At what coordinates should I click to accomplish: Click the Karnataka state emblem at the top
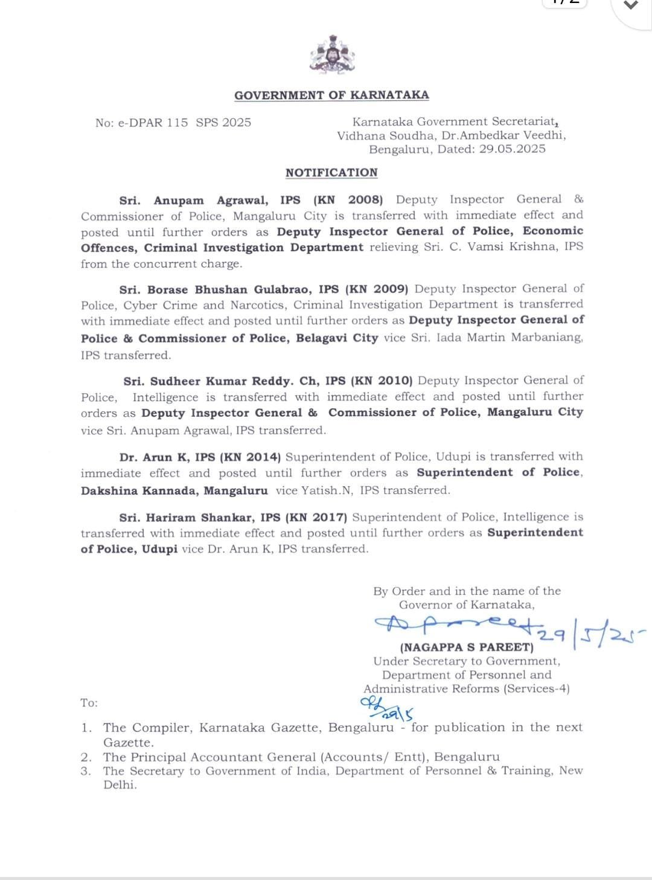[331, 55]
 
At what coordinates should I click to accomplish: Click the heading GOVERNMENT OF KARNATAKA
[331, 95]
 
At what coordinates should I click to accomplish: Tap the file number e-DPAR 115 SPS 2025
[173, 123]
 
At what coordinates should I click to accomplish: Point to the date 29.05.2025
[513, 149]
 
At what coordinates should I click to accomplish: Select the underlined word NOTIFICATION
[331, 173]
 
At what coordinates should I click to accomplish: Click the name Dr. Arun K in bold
[145, 457]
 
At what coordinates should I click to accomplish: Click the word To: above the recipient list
[89, 703]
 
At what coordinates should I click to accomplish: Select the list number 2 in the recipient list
[86, 757]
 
